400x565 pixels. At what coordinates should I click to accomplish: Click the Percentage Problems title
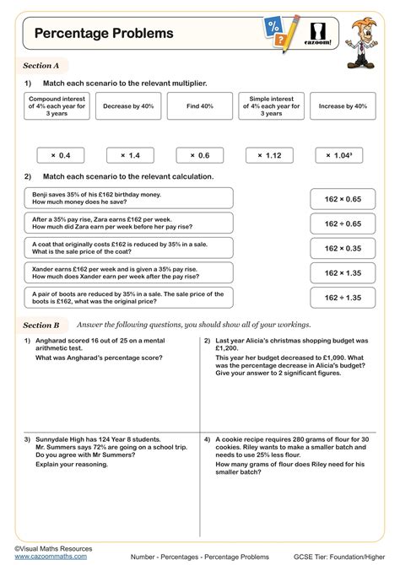(x=104, y=34)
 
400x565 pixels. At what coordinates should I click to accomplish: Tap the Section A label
(x=41, y=65)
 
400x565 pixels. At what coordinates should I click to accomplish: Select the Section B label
(x=41, y=325)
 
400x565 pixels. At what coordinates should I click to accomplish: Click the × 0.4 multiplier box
(x=61, y=155)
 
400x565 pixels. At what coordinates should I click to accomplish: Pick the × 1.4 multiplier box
(x=130, y=155)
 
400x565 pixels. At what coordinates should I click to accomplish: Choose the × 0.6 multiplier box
(x=199, y=155)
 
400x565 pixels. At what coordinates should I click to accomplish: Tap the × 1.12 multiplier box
(x=269, y=155)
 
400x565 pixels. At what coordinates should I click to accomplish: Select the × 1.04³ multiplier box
(x=338, y=155)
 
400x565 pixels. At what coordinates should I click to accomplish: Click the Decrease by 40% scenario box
(x=130, y=107)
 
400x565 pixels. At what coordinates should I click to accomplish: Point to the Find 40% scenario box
(x=199, y=107)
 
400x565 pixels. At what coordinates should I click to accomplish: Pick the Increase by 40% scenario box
(x=343, y=107)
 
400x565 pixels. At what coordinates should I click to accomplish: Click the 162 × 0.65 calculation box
(x=343, y=199)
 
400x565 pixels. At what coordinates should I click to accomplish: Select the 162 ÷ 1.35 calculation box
(x=343, y=298)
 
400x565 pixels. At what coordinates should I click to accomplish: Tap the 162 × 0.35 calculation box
(x=343, y=248)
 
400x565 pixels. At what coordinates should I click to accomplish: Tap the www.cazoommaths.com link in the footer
(x=51, y=557)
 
